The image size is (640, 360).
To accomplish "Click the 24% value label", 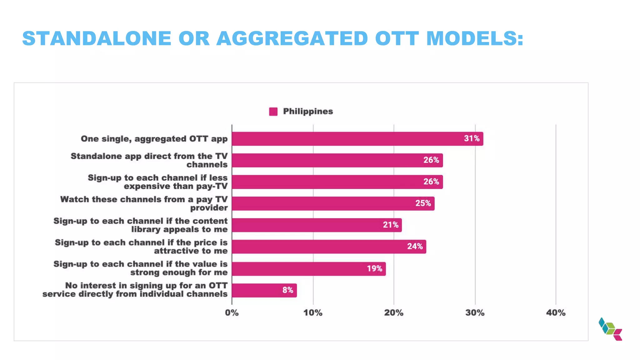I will pos(415,247).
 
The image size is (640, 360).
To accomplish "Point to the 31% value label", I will pos(472,138).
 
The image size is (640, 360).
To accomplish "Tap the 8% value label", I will pos(287,290).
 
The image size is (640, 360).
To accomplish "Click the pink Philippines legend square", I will pos(273,112).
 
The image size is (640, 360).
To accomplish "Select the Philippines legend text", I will pos(308,112).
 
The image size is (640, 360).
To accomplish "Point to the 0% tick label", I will pos(232,313).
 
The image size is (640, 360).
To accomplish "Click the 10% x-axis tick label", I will pos(313,313).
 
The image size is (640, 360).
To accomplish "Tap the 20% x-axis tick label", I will pos(394,313).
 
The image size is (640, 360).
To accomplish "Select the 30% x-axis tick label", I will pos(475,313).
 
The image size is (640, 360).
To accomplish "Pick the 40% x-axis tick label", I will pos(556,313).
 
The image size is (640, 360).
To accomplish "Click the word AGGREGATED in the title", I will pos(292,38).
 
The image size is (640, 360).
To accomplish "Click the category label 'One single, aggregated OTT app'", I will pos(154,139).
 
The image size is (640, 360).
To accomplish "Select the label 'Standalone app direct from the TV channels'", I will pos(149,160).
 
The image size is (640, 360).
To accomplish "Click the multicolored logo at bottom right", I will pos(610,329).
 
